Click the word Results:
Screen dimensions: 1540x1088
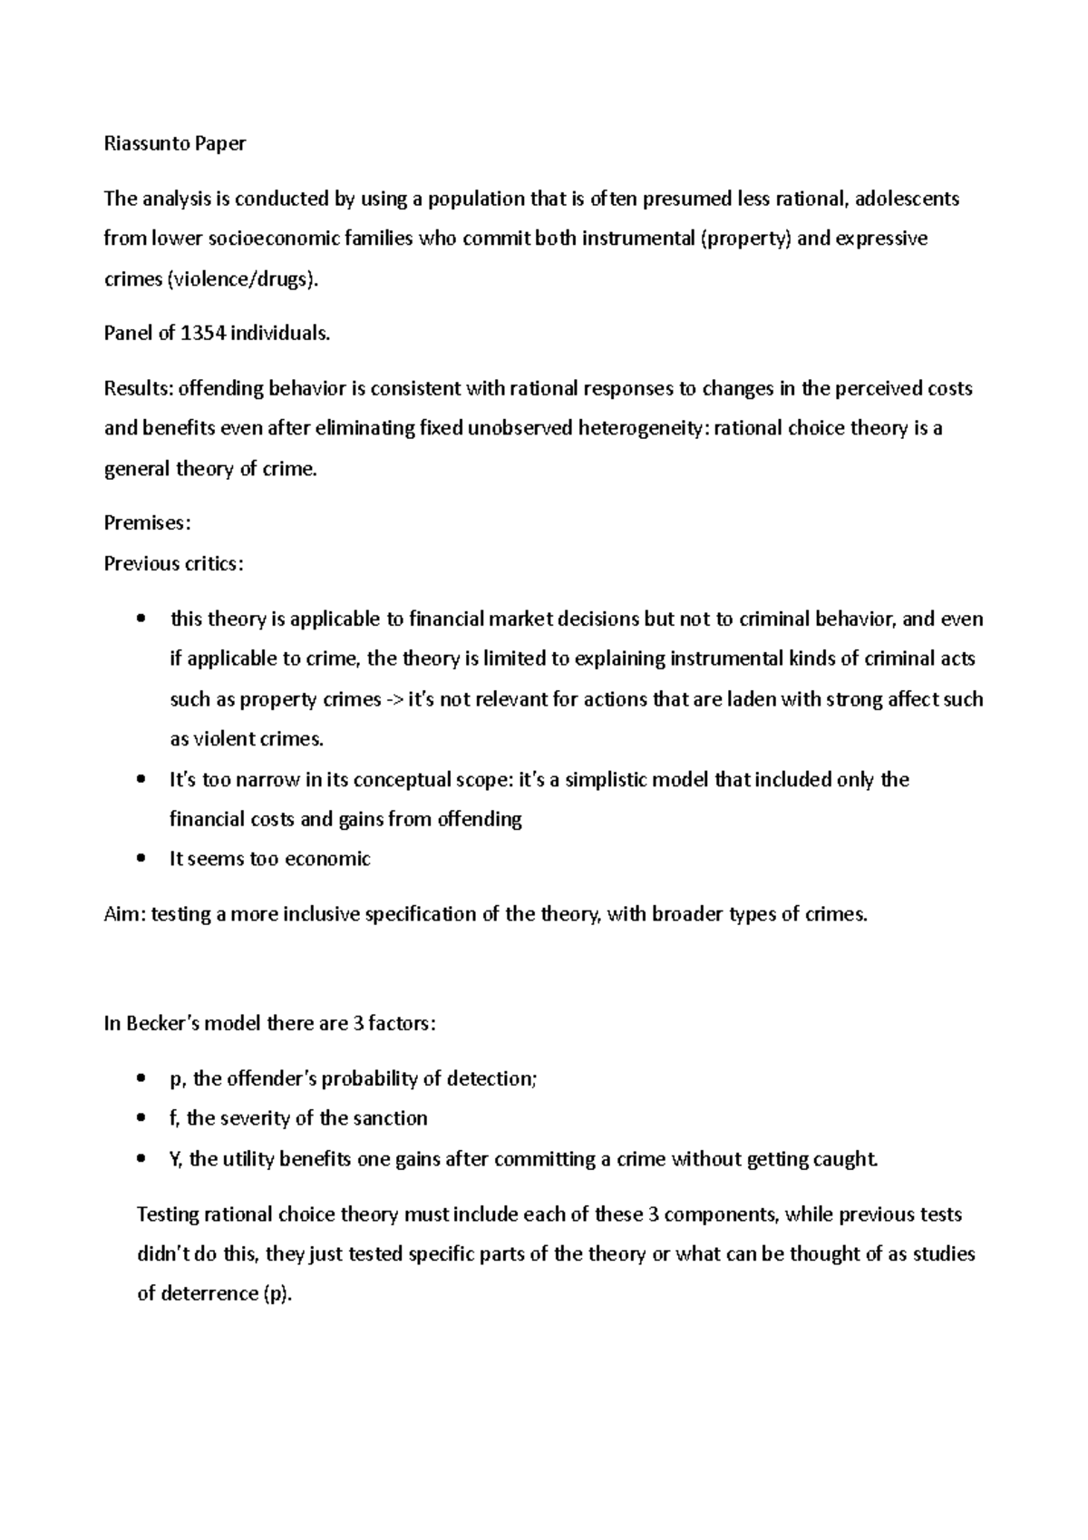coord(138,389)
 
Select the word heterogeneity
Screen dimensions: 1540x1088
coord(643,428)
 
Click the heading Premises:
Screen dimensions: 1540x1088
coord(147,523)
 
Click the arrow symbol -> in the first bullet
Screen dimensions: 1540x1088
coord(395,700)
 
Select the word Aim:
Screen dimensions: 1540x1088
coord(124,914)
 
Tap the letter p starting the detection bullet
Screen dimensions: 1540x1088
coord(175,1080)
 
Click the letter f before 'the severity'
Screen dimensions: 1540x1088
coord(173,1118)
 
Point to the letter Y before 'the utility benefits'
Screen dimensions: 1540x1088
coord(175,1159)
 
